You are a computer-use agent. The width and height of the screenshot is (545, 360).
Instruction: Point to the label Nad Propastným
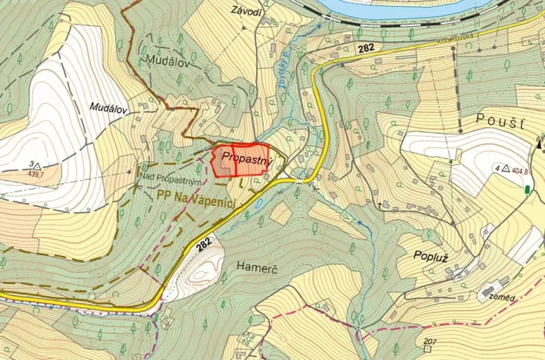click(x=171, y=179)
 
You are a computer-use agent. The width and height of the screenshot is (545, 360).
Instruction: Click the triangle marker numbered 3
click(x=36, y=165)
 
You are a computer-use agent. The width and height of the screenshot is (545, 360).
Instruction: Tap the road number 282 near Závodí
click(x=366, y=48)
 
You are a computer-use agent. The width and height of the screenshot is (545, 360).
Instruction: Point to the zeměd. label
click(x=503, y=297)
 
